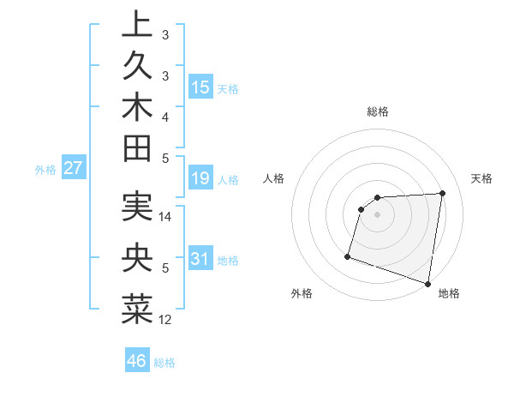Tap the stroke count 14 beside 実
point(165,218)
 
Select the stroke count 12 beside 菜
point(165,320)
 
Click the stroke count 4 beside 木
point(165,116)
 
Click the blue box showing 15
point(200,87)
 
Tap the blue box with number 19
point(200,178)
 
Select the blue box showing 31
point(200,259)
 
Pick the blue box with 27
point(73,168)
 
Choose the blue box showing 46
point(137,361)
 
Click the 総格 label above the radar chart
point(378,111)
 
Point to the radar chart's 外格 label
point(302,293)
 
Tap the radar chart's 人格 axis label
point(274,178)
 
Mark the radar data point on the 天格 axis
point(442,193)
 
